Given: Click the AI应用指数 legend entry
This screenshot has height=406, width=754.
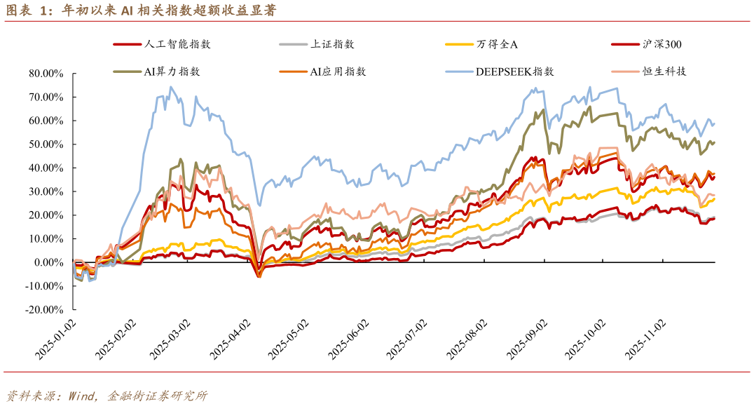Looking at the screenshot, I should (338, 71).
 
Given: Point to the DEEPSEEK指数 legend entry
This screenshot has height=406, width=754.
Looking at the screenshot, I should (514, 71).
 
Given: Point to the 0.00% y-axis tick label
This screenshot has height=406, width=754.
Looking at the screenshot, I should (48, 262).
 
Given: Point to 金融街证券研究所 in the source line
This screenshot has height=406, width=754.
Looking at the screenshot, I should (157, 395).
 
